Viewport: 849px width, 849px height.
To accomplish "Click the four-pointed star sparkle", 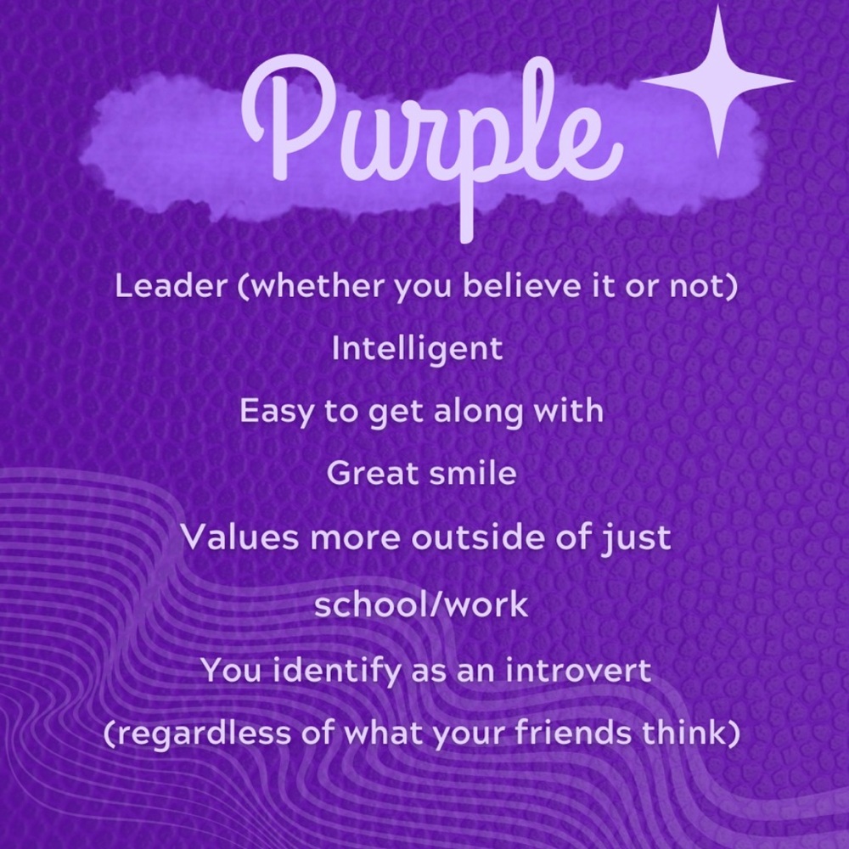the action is pyautogui.click(x=717, y=82).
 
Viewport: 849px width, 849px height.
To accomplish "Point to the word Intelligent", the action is pyautogui.click(x=418, y=348).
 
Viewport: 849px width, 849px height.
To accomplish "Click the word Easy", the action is pyautogui.click(x=277, y=412).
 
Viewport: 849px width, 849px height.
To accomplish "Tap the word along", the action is pyautogui.click(x=479, y=412).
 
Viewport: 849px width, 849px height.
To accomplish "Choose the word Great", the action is pyautogui.click(x=373, y=473).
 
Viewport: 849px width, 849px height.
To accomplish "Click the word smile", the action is pyautogui.click(x=473, y=473).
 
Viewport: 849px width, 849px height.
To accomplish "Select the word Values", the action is pyautogui.click(x=239, y=537).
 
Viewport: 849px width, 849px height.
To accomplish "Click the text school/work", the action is pyautogui.click(x=421, y=604).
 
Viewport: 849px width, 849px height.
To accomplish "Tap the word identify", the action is pyautogui.click(x=336, y=671).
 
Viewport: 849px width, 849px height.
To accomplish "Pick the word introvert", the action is pyautogui.click(x=578, y=671).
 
